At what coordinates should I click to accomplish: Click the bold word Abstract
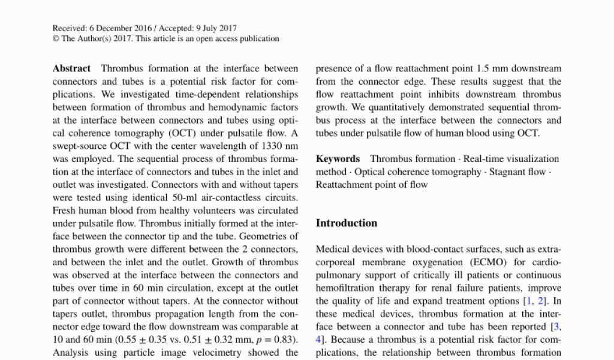pos(71,68)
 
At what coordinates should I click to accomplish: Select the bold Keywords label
pos(338,159)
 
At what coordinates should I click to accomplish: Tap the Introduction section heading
pos(347,223)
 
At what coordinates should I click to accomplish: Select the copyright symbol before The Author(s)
pos(55,39)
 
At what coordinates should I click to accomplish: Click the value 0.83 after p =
pos(285,340)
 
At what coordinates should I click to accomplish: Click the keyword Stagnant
pos(508,172)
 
